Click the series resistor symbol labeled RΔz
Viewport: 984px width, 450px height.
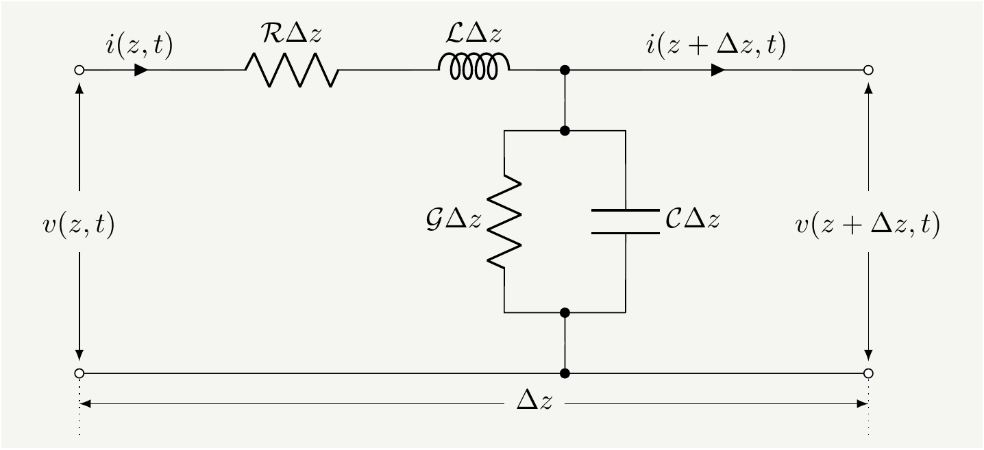tap(291, 70)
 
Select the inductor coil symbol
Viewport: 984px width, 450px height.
tap(473, 67)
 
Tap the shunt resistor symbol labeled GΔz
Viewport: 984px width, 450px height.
tap(504, 221)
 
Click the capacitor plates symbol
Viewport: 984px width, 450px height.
tap(625, 221)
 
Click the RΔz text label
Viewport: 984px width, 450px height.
tap(291, 38)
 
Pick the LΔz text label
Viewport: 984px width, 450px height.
tap(473, 38)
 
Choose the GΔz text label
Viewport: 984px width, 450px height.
tap(453, 221)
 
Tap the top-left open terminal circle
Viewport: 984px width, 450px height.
tap(79, 70)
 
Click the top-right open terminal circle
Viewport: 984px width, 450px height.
tap(868, 70)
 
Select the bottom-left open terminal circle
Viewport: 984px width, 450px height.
tap(79, 373)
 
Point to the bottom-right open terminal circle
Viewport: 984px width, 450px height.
tap(868, 373)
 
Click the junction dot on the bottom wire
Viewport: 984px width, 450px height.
tap(565, 373)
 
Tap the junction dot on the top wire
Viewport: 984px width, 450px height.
tap(565, 70)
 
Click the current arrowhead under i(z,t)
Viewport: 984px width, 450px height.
tap(142, 70)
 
